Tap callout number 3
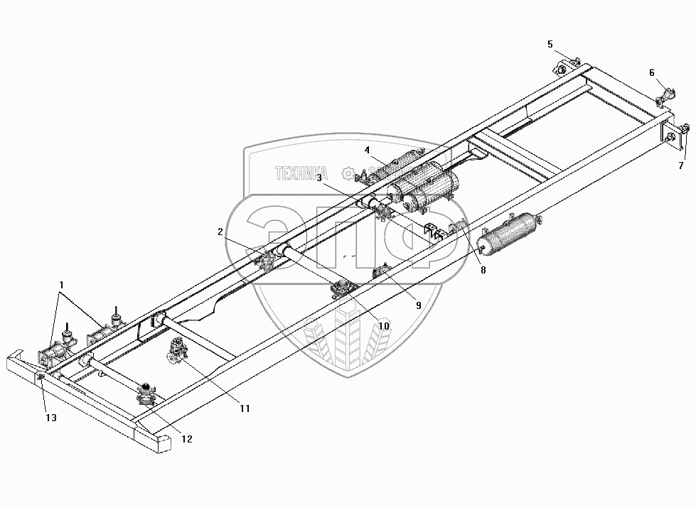click(320, 177)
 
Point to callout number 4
click(367, 150)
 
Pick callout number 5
click(550, 44)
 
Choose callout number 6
click(651, 72)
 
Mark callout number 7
click(680, 166)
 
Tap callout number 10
click(383, 325)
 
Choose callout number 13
click(50, 418)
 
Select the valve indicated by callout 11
click(176, 353)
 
